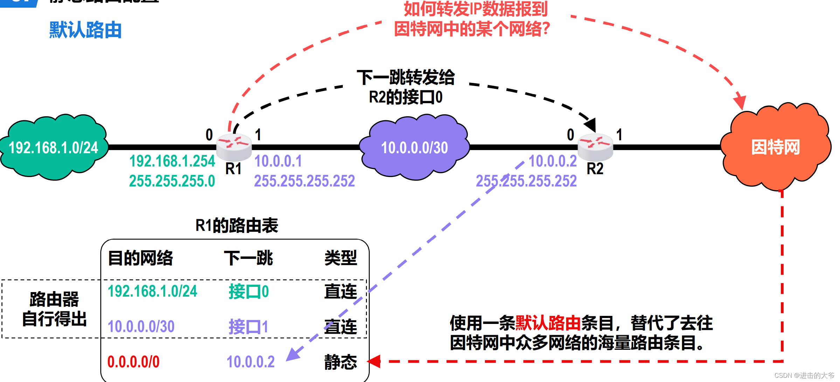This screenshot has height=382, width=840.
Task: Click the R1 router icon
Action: point(234,146)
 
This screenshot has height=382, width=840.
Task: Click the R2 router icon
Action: point(595,146)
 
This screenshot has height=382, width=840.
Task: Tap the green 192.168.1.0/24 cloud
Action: point(54,147)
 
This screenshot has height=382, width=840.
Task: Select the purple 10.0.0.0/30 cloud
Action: point(415,147)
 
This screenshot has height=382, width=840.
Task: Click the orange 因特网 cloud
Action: point(776,147)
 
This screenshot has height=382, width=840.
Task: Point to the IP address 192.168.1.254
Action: point(172,161)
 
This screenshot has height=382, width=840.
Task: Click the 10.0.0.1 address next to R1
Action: point(278,161)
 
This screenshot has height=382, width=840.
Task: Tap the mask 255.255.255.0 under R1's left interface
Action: point(172,181)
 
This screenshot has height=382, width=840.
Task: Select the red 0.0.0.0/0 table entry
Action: point(133,362)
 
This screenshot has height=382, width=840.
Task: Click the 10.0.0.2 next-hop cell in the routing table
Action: point(250,362)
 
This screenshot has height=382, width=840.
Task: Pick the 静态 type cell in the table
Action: point(340,362)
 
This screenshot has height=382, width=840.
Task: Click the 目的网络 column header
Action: point(140,258)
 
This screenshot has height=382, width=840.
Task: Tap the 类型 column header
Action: point(340,258)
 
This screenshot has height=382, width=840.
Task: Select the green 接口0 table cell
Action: point(249,291)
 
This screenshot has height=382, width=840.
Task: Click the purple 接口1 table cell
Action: point(248,327)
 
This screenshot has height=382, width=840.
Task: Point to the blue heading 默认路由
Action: point(85,30)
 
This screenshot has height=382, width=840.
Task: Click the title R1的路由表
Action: point(237,225)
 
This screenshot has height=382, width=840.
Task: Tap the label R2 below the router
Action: point(595,169)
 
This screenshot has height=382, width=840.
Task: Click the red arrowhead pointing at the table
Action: point(374,361)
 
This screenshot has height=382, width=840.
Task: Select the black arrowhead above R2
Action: point(591,124)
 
